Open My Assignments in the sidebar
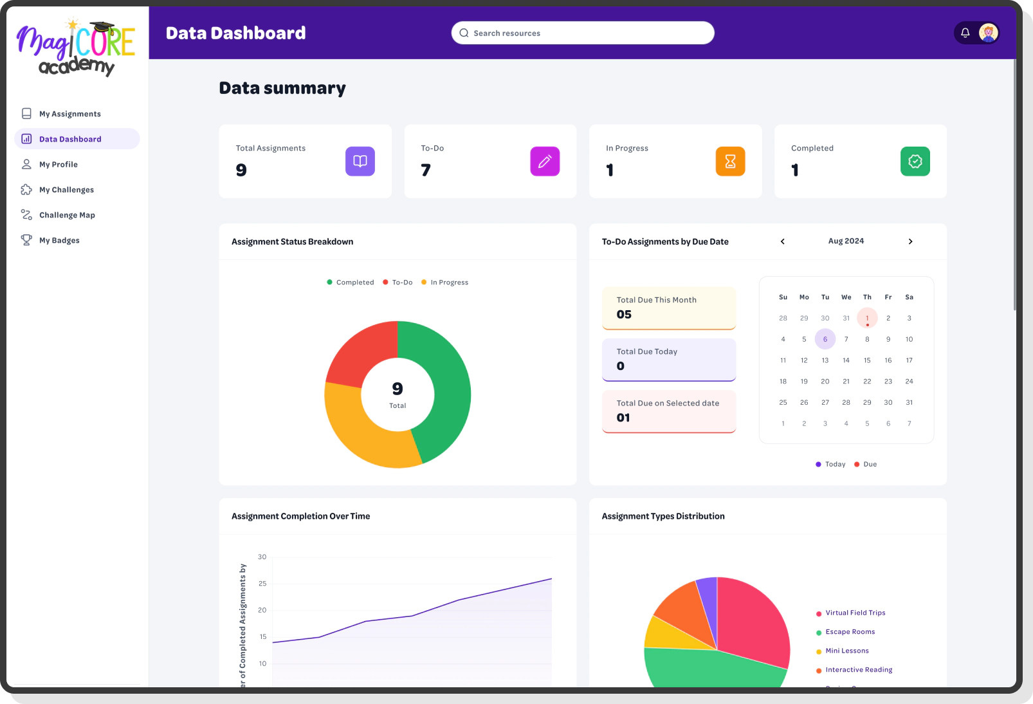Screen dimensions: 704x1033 [x=69, y=114]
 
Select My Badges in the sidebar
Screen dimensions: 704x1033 [x=59, y=241]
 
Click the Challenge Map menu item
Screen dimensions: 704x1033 [x=67, y=215]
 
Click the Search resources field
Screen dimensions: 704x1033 [x=583, y=33]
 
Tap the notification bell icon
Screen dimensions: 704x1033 [x=965, y=33]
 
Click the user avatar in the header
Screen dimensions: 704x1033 [x=988, y=33]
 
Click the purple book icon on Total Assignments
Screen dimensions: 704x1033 [x=360, y=162]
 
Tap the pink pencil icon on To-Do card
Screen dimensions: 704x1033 [x=545, y=162]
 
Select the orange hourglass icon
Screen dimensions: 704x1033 [x=730, y=162]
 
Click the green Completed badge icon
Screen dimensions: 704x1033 [x=915, y=162]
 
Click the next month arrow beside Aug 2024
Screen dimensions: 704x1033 [x=910, y=241]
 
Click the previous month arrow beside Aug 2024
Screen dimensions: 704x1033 [x=783, y=241]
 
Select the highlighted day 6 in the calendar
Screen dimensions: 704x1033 [x=825, y=339]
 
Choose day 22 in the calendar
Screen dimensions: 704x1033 [x=867, y=382]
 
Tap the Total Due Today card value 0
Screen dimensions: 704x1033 [x=621, y=366]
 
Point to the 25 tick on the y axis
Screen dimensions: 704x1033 [x=262, y=584]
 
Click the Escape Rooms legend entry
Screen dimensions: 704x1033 [x=850, y=632]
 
